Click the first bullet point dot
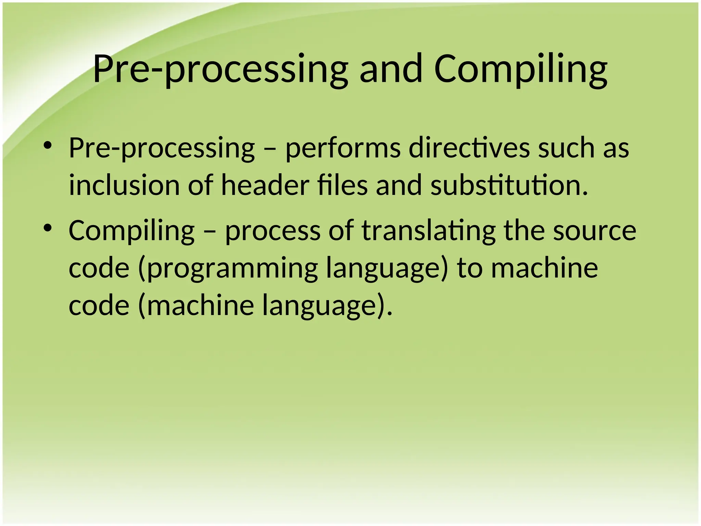tap(48, 146)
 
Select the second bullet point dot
tap(48, 228)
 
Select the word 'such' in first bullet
tap(566, 148)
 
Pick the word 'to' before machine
tap(470, 268)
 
